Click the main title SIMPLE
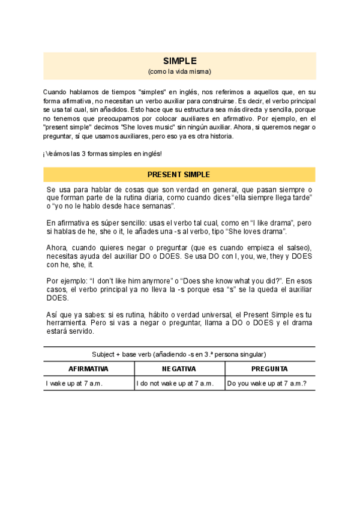pos(179,61)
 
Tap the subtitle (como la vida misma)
pos(179,71)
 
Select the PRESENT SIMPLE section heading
pos(179,175)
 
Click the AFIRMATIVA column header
pos(89,369)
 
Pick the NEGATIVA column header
pos(179,369)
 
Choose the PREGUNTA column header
pos(270,369)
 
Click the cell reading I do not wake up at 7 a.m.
pos(175,384)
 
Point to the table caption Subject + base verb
pos(179,354)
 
